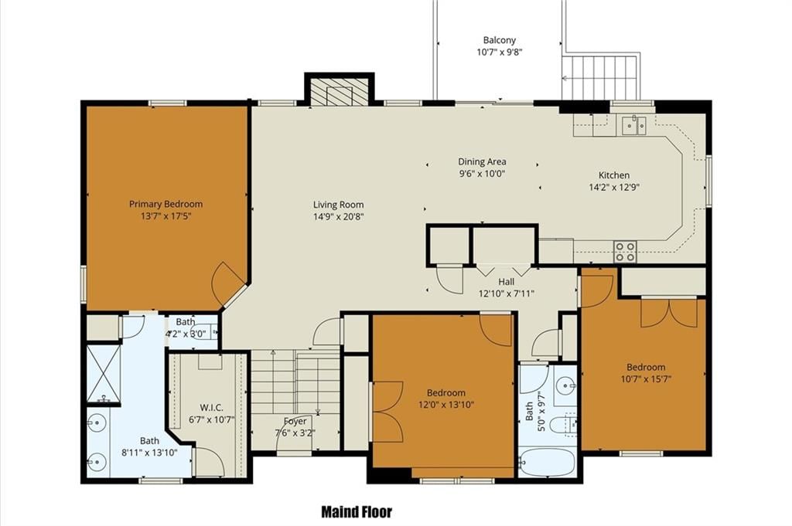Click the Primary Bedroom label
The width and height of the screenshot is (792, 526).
pos(166,204)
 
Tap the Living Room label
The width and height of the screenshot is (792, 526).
pos(339,205)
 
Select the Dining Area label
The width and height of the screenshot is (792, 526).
pos(482,162)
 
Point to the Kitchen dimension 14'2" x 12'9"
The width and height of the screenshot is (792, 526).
pos(614,188)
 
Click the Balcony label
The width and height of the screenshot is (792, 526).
pos(500,40)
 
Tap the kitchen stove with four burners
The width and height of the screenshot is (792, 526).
pos(625,252)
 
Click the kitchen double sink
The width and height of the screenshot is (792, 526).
pos(634,125)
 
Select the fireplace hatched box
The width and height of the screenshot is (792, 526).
pos(339,92)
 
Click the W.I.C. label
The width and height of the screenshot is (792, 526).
pos(211,408)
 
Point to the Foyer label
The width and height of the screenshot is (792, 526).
pos(295,421)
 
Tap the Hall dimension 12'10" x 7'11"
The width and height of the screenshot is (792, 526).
pos(507,294)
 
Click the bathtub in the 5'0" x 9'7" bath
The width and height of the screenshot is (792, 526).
pos(548,462)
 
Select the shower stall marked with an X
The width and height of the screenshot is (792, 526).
pos(104,373)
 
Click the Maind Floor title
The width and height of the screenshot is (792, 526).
pos(357,512)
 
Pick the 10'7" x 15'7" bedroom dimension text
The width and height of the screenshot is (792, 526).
pos(646,379)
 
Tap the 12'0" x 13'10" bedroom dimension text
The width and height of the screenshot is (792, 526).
pos(446,405)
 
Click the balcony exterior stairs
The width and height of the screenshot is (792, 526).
pos(601,77)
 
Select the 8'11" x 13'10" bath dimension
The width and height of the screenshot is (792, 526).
pos(149,453)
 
